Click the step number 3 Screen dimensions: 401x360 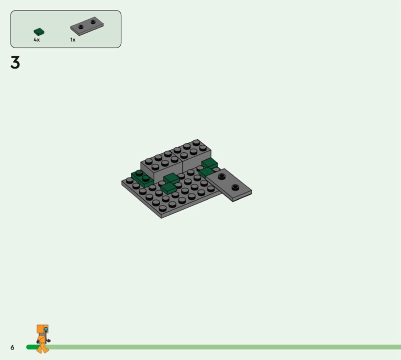click(15, 63)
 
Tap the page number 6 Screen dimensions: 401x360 click(12, 347)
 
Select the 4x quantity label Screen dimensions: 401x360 click(37, 40)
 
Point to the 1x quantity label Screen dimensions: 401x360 click(73, 40)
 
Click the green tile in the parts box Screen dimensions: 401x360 click(39, 32)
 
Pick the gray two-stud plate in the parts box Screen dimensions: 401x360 click(87, 26)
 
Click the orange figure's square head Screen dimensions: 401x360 click(43, 329)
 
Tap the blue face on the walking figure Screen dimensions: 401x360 click(46, 329)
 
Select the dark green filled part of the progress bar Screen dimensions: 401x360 click(33, 347)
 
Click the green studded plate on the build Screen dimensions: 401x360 click(142, 178)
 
